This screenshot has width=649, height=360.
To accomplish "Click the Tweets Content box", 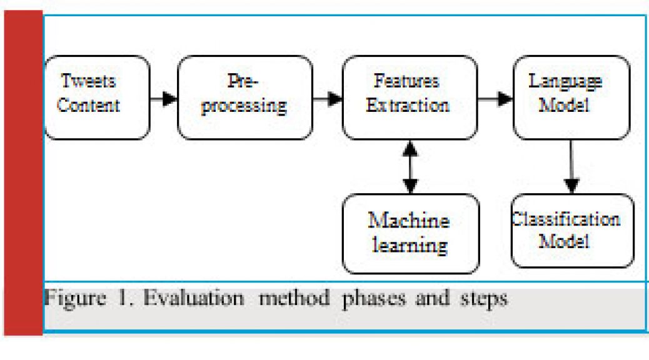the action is [x=98, y=97].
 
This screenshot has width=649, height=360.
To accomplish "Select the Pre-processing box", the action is [x=245, y=97].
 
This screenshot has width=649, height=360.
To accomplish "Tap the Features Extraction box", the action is [x=410, y=97].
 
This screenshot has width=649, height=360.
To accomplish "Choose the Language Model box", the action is [x=571, y=97].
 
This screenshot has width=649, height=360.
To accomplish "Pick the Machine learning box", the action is [x=411, y=234].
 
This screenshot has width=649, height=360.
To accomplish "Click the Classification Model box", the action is [x=573, y=231].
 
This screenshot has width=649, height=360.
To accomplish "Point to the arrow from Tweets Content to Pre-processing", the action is [x=164, y=99].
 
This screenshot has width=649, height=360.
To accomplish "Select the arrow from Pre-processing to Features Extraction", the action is [x=328, y=99].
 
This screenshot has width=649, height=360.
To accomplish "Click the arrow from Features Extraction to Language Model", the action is [x=495, y=99].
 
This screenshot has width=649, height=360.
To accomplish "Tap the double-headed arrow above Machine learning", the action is [x=410, y=167].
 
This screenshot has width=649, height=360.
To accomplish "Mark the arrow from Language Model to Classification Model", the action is [x=571, y=167].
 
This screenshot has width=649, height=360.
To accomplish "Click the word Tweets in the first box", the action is [x=88, y=81].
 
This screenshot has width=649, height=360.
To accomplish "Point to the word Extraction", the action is [x=408, y=106].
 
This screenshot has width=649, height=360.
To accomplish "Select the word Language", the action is [x=565, y=82].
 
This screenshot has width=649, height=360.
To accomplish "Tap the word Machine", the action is [x=409, y=220].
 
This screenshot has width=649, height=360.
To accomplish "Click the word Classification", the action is [x=566, y=219].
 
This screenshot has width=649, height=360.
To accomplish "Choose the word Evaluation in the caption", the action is [x=194, y=298].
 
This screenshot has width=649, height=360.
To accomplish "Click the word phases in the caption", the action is [x=374, y=299].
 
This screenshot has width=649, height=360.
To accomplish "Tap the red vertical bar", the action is [x=23, y=173].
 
